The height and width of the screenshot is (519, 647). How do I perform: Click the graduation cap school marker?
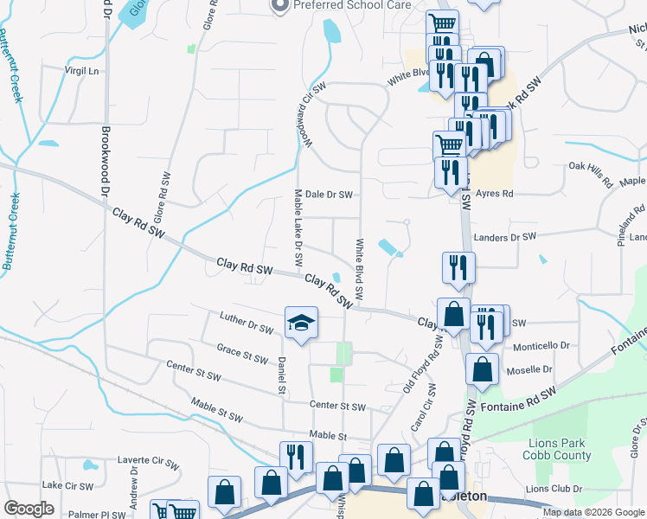point(301,324)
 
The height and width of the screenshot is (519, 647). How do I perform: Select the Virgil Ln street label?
point(82,70)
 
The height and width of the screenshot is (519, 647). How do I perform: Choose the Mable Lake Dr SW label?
point(298,228)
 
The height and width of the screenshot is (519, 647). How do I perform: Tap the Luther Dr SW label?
point(247,322)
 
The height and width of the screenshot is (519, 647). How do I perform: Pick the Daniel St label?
point(281,375)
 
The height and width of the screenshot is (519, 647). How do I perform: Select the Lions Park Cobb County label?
point(558,450)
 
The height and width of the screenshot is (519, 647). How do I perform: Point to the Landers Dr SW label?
point(506,236)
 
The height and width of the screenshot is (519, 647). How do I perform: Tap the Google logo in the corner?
point(29,509)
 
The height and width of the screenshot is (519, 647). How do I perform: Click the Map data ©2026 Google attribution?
point(593,512)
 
